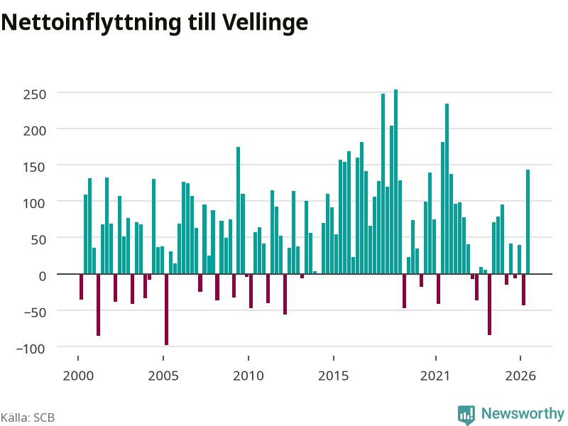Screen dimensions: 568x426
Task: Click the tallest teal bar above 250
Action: point(395,182)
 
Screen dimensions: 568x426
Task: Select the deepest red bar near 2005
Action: point(166,310)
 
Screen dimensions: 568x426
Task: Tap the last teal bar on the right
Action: point(528,222)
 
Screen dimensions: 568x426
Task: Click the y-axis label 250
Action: point(35,94)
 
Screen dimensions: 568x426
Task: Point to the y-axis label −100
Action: point(31,349)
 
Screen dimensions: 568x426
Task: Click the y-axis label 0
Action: point(43,275)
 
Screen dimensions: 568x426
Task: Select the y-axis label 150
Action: point(35,167)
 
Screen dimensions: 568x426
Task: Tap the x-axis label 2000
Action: point(78,376)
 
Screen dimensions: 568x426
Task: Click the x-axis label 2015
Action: point(333,376)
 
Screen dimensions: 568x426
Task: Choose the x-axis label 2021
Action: point(435,376)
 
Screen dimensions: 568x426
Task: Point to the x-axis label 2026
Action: point(520,376)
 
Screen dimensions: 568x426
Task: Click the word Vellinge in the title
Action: point(265,23)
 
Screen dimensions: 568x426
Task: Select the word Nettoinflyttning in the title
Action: point(91,23)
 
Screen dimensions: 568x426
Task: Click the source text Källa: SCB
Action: point(28,417)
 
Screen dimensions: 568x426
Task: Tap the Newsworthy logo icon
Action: point(466,415)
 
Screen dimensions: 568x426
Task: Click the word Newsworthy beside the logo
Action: point(523,413)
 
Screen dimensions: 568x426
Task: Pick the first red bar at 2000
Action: point(81,287)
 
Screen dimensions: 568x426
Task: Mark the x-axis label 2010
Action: point(248,376)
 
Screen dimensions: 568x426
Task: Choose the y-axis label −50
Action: point(35,312)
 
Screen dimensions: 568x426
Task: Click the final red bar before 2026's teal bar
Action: point(523,290)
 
